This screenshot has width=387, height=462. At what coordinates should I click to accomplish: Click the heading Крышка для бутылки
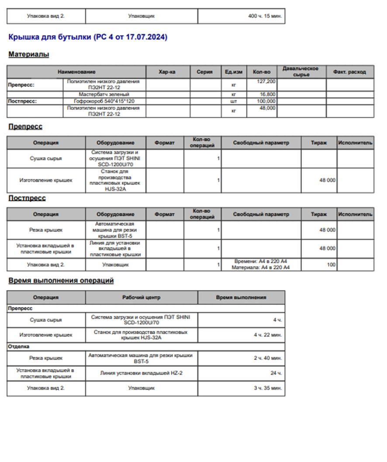tap(87, 38)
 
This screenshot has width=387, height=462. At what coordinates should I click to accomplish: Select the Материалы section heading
tap(28, 55)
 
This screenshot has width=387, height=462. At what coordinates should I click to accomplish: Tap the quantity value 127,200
tap(267, 82)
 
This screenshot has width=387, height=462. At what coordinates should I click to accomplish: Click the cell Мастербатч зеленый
tap(104, 94)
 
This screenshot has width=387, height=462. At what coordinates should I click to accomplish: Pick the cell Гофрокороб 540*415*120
tap(104, 101)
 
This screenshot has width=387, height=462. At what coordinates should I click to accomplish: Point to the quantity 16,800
tap(268, 94)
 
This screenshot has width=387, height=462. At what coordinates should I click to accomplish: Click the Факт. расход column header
tap(350, 72)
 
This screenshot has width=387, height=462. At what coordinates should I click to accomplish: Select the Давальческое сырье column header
tap(301, 72)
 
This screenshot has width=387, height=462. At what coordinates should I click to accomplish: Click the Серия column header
tap(204, 72)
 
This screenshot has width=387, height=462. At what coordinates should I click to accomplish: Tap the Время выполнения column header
tap(241, 298)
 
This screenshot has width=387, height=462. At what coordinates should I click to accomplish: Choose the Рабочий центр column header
tap(141, 298)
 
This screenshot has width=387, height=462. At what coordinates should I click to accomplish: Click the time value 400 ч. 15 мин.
tap(265, 16)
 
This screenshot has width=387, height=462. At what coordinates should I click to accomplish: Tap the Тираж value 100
tap(331, 264)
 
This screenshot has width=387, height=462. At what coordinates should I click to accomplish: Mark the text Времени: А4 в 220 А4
tap(261, 261)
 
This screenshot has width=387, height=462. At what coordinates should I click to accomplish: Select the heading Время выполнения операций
tap(61, 281)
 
